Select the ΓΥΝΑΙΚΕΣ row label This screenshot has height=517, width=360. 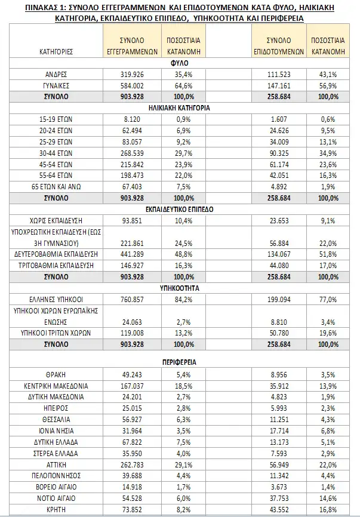(x=56, y=85)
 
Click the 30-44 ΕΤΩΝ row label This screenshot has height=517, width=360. (x=56, y=152)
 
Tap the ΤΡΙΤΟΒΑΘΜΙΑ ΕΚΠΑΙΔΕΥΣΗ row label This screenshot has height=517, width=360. (x=56, y=264)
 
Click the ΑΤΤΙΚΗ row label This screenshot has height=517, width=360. (x=56, y=464)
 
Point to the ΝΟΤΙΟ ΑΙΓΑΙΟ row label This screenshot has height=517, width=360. (x=56, y=498)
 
